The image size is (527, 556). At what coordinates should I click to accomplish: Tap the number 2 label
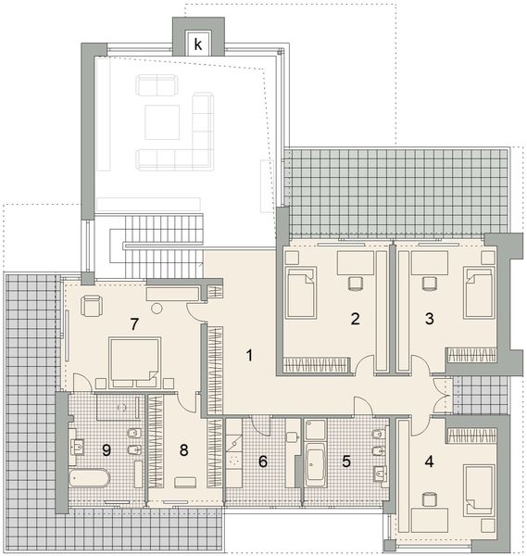(355, 320)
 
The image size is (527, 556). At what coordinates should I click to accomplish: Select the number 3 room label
(429, 320)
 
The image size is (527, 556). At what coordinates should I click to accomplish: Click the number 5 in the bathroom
(346, 459)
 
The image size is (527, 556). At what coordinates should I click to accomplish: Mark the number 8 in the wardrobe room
(184, 451)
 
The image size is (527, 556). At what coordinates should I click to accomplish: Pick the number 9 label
(107, 450)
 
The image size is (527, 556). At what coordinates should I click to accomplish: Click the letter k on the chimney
(198, 43)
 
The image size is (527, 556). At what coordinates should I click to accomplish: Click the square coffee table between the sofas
(164, 119)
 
